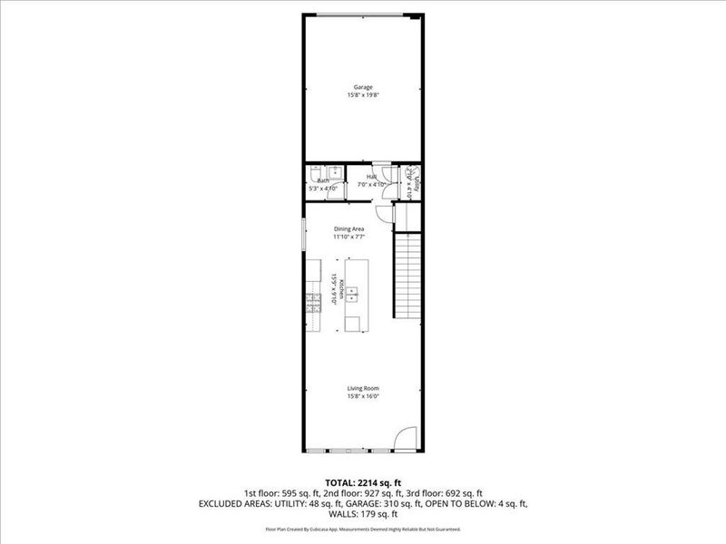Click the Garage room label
click(363, 87)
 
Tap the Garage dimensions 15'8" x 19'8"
click(363, 94)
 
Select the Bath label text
click(323, 180)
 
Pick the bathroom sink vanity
click(335, 170)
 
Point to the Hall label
click(371, 177)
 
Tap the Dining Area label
click(349, 228)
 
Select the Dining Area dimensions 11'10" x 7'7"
click(349, 237)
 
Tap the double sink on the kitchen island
click(354, 293)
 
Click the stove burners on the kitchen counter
click(314, 301)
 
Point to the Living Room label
click(363, 388)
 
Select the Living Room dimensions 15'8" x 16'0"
click(363, 396)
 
